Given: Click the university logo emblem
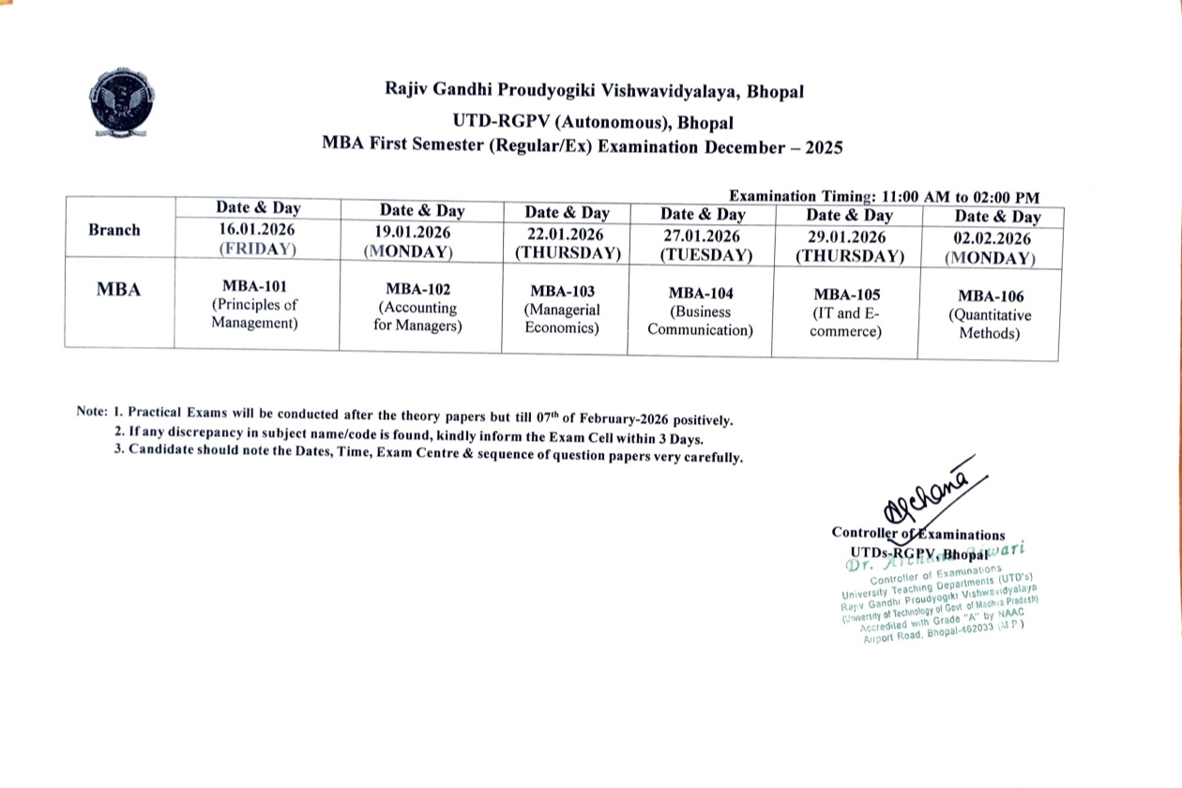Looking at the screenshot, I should pyautogui.click(x=122, y=98).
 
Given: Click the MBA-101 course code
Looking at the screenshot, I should pyautogui.click(x=254, y=286).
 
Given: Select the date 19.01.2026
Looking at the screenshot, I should pyautogui.click(x=415, y=233).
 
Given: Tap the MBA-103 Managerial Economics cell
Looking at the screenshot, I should pyautogui.click(x=562, y=310).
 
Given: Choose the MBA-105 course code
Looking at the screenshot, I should pyautogui.click(x=846, y=295).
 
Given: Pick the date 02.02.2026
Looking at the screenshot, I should pyautogui.click(x=992, y=238).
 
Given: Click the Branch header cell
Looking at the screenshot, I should pyautogui.click(x=114, y=230).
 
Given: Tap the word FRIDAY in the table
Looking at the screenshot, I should pyautogui.click(x=257, y=250).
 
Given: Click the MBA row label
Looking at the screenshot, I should pyautogui.click(x=119, y=290).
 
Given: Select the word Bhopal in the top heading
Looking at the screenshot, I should pyautogui.click(x=775, y=91).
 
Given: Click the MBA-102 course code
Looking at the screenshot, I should pyautogui.click(x=418, y=290).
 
